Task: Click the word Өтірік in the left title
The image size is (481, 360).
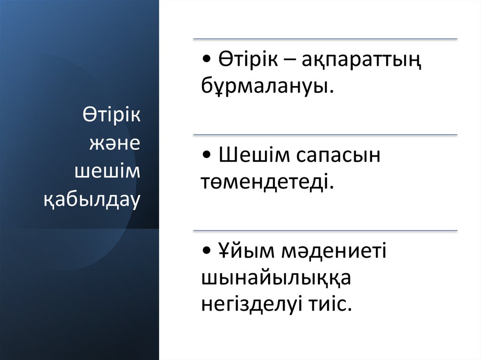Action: pyautogui.click(x=112, y=115)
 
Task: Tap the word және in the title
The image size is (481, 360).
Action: pyautogui.click(x=115, y=143)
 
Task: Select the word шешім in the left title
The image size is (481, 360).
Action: pyautogui.click(x=108, y=171)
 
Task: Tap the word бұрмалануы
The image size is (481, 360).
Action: pyautogui.click(x=264, y=87)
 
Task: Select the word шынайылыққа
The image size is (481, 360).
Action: pyautogui.click(x=276, y=279)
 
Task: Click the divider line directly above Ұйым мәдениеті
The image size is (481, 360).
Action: pyautogui.click(x=325, y=231)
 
